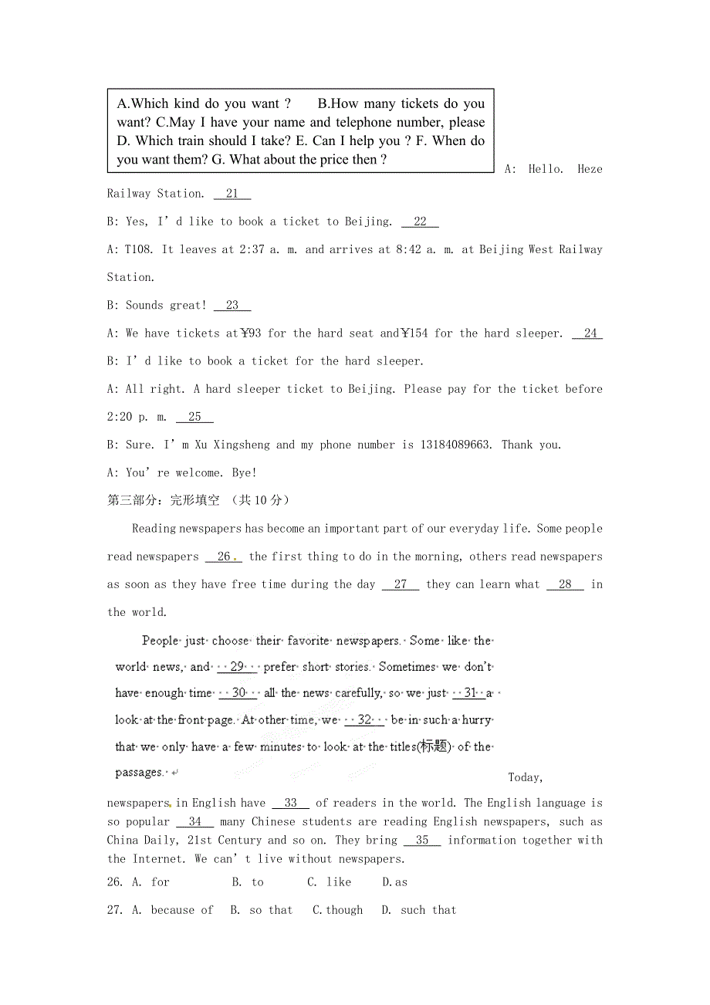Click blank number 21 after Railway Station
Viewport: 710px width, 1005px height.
(232, 194)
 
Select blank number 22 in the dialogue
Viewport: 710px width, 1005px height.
(420, 222)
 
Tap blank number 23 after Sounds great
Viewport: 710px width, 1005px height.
(232, 306)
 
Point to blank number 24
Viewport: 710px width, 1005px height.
(590, 333)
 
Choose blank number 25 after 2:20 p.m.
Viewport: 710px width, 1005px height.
(194, 417)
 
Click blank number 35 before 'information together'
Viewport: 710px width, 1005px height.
(422, 841)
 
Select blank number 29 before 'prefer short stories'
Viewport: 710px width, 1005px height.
(237, 667)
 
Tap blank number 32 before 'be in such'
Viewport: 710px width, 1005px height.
(364, 720)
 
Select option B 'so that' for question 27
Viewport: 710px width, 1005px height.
(262, 910)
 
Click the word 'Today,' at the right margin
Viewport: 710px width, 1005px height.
(526, 777)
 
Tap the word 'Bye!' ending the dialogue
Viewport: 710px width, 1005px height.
(244, 472)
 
